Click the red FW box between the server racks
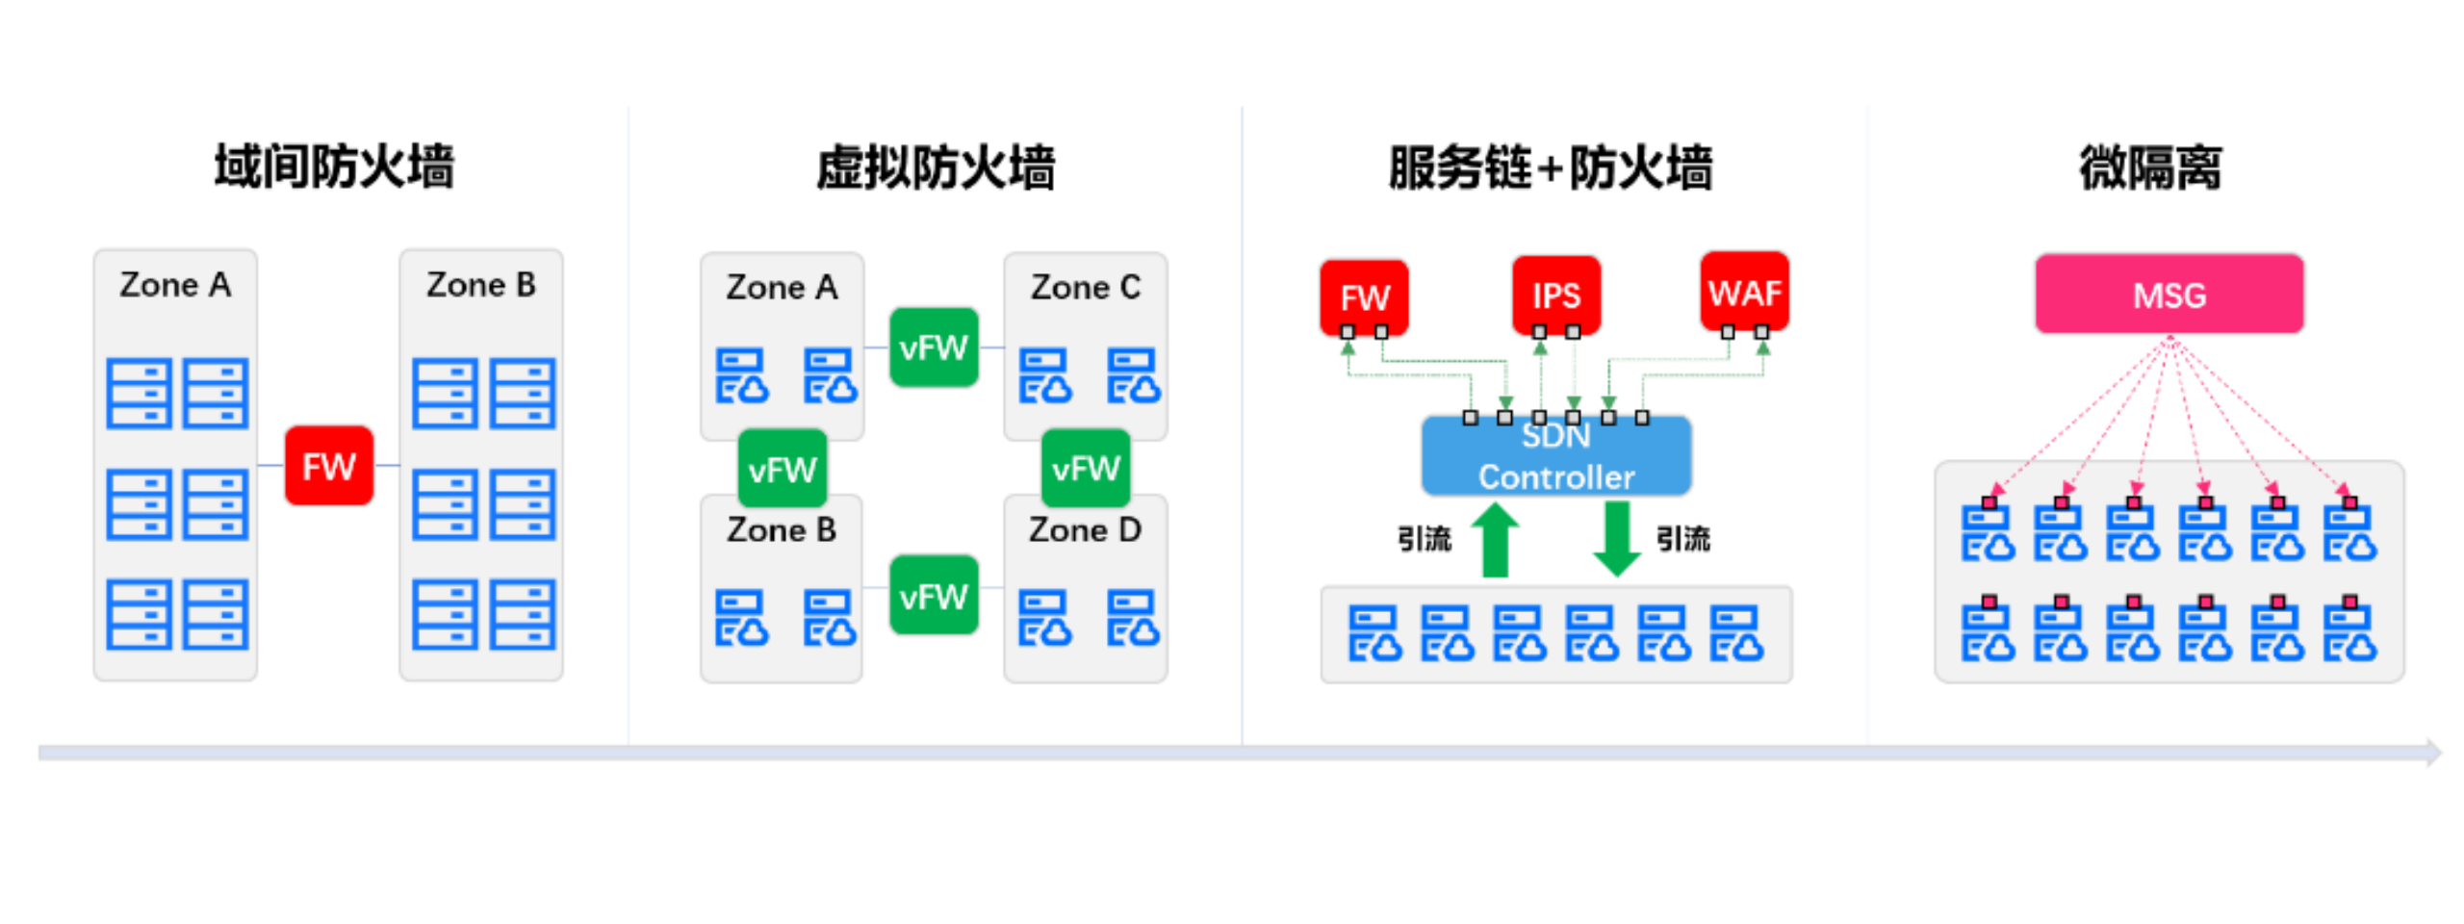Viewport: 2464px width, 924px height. point(328,466)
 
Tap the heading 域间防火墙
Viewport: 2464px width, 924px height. point(333,167)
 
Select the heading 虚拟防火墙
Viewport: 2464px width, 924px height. point(935,167)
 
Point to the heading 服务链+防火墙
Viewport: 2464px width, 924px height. point(1550,167)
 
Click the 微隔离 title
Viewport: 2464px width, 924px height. point(2149,167)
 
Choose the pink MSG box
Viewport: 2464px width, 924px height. point(2169,295)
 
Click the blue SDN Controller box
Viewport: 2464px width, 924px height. point(1555,456)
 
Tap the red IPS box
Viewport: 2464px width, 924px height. point(1555,295)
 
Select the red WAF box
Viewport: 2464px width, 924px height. point(1743,292)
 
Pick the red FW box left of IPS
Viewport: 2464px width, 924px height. point(1364,296)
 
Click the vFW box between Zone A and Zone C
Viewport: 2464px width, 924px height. point(933,346)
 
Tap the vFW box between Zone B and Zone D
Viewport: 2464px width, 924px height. point(933,596)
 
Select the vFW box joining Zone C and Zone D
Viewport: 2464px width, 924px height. point(1085,469)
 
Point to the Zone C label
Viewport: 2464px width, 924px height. point(1085,287)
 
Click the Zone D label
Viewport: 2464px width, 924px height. point(1085,529)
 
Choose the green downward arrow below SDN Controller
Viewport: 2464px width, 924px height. point(1617,540)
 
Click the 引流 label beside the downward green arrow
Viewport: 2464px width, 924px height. point(1682,539)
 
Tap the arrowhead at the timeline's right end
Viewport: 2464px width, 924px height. point(2432,752)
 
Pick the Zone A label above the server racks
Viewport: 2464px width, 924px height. point(175,285)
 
